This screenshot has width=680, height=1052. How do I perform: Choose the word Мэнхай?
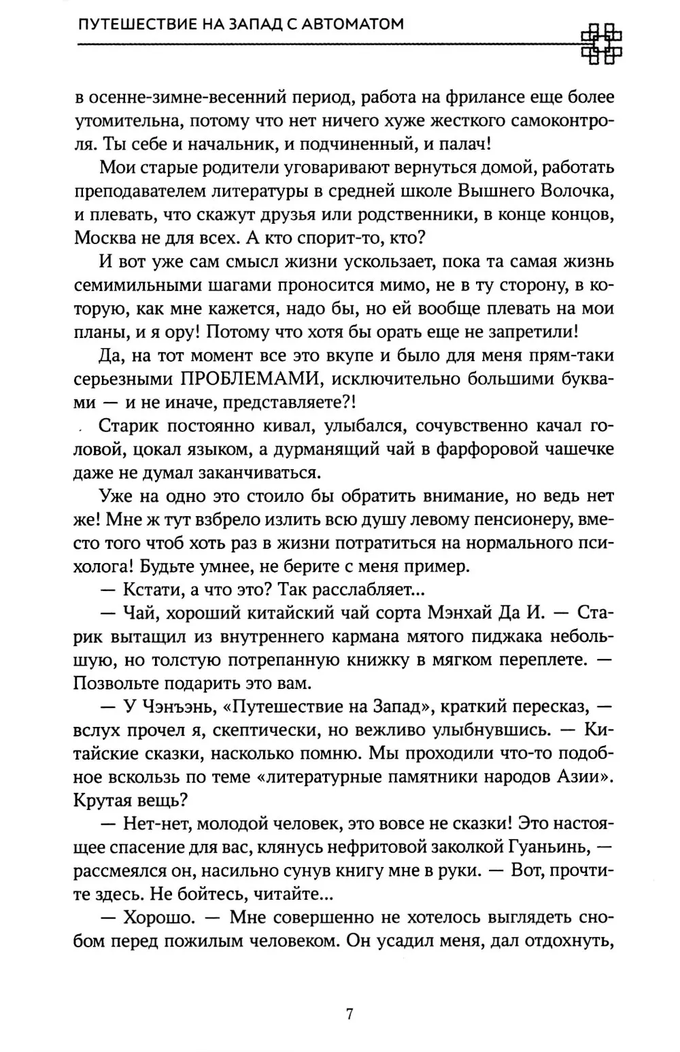[462, 613]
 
